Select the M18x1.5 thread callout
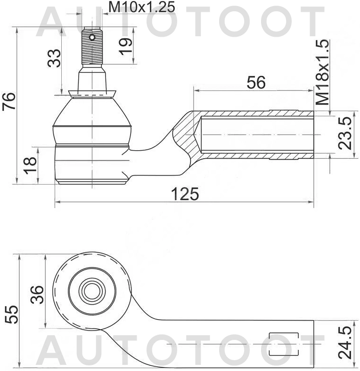coord(324,72)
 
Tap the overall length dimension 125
coord(185,194)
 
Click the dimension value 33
coord(55,58)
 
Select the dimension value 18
coord(30,165)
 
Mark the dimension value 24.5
coord(348,344)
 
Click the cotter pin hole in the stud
coord(93,37)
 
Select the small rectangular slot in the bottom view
coord(283,344)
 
